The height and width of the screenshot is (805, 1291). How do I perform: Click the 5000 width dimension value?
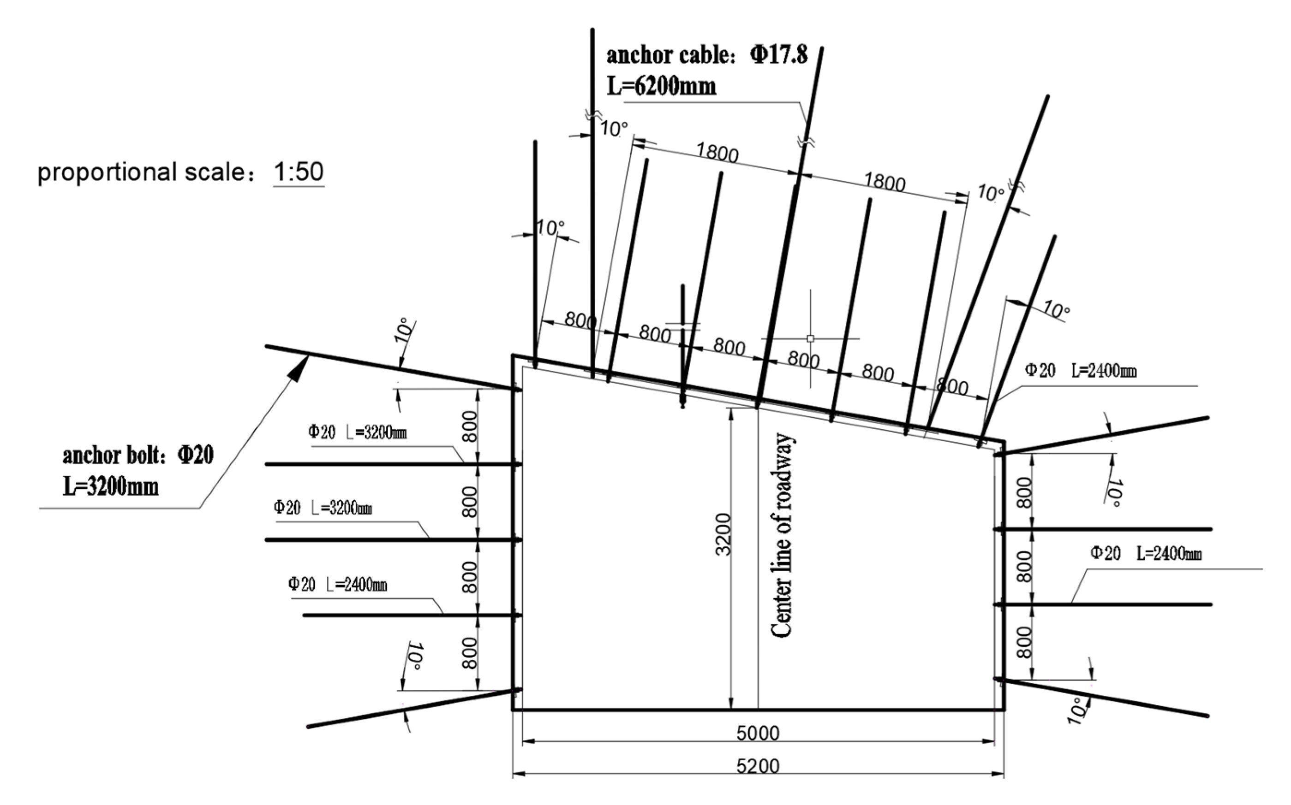pos(758,734)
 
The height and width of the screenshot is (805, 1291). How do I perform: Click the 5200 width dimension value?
pos(758,767)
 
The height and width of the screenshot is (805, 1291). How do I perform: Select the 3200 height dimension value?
pos(723,534)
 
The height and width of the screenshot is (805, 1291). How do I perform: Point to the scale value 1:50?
pos(299,172)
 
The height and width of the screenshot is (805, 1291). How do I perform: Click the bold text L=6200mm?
pos(661,86)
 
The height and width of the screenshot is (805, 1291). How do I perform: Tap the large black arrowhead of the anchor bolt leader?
pos(299,367)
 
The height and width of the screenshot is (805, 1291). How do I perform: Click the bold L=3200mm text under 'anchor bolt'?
pos(111,486)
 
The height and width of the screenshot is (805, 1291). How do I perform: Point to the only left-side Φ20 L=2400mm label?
pos(338,585)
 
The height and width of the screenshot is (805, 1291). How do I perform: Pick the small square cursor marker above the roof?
pos(810,338)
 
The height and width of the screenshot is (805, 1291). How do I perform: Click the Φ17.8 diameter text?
pos(779,55)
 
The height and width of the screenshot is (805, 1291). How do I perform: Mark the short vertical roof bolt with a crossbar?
pos(683,346)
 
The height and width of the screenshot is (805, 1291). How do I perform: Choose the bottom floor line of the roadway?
pos(758,710)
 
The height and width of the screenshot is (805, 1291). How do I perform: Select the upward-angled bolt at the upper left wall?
pos(393,368)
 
